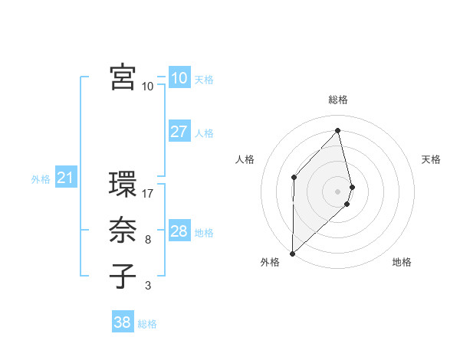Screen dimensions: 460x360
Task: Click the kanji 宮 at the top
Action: [123, 77]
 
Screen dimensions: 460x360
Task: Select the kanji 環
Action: [123, 185]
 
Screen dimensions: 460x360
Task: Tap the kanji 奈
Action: [123, 231]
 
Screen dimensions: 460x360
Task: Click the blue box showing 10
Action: [179, 77]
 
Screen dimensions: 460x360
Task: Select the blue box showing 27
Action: [179, 131]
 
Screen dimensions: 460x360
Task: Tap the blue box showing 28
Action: [179, 231]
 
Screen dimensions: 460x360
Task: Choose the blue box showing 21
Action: [66, 178]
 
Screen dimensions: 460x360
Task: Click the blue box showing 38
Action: [122, 322]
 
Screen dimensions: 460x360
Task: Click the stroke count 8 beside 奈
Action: [148, 240]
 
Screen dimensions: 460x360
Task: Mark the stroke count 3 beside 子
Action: [148, 286]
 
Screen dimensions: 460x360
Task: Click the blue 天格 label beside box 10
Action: [204, 79]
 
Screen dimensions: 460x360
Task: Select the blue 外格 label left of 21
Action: [41, 180]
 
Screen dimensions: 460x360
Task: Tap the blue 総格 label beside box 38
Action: [147, 324]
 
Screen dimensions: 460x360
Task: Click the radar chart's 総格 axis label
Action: [338, 100]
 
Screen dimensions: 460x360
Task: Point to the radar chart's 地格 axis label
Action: [402, 262]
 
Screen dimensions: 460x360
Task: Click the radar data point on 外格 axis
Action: [292, 253]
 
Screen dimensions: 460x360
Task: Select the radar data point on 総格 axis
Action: [338, 130]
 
